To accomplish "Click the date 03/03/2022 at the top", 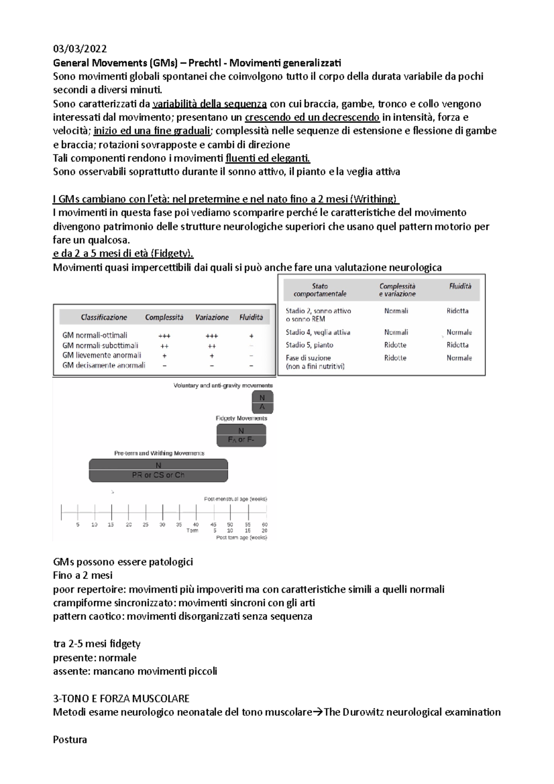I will (80, 49).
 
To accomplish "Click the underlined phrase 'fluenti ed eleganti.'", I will (268, 158).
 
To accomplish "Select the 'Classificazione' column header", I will (104, 317).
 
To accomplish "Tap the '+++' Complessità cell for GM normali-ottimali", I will (164, 336).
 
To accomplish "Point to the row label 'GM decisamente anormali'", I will (103, 365).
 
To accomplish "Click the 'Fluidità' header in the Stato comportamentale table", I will (460, 286).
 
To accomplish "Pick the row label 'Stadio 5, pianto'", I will (309, 345).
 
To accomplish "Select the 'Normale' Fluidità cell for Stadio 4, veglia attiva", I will (459, 332).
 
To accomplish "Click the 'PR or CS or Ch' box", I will (158, 475).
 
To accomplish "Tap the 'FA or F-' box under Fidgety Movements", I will (241, 440).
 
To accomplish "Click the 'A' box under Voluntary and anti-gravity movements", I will (262, 407).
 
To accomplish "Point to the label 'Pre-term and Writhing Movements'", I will (159, 453).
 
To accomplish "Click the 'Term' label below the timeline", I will (192, 531).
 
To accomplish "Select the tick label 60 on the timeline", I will (265, 525).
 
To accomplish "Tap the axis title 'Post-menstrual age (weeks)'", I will (235, 499).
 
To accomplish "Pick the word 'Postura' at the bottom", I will (70, 739).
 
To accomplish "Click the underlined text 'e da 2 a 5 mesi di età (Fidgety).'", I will (123, 253).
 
